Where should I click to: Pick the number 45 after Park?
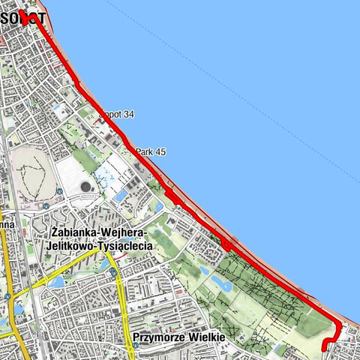click(x=160, y=151)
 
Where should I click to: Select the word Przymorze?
click(x=157, y=337)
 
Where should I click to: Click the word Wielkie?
click(x=205, y=337)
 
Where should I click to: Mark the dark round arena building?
click(x=85, y=186)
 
